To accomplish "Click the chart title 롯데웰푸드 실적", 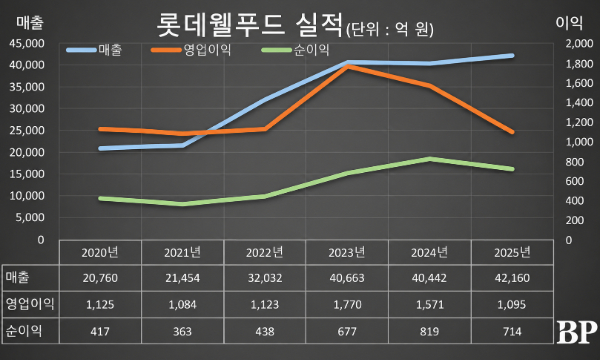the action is click(249, 25).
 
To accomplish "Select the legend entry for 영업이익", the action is click(191, 50).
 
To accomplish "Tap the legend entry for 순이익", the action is click(295, 50).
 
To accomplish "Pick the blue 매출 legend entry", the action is click(94, 50).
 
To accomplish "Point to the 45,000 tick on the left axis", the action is click(27, 44).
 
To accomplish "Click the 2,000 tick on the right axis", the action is click(579, 44).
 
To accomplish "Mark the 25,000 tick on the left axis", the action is click(27, 130).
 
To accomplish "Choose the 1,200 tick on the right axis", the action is click(579, 122).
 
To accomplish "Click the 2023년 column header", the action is click(347, 252).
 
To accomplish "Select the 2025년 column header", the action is click(512, 252).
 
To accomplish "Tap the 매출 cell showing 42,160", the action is click(512, 278).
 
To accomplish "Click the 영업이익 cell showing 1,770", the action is click(347, 305).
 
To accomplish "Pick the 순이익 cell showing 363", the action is click(182, 331).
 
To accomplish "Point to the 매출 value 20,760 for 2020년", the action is click(100, 278).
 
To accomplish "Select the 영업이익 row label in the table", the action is click(30, 304).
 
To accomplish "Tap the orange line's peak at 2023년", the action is click(347, 66).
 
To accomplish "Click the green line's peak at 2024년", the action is click(430, 159).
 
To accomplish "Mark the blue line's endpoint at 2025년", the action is click(512, 56).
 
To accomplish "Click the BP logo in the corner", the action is click(577, 332).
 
